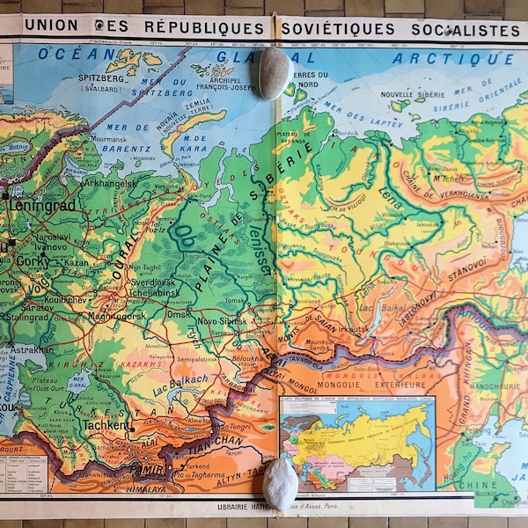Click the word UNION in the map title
[x=52, y=26]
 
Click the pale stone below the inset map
[x=280, y=482]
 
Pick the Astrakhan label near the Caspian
[x=32, y=349]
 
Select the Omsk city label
[x=179, y=314]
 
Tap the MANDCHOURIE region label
[x=488, y=384]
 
